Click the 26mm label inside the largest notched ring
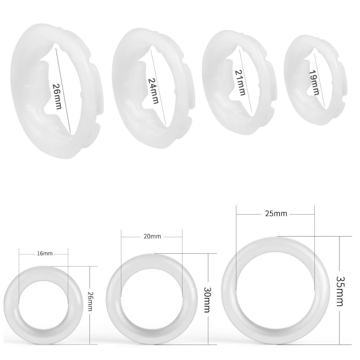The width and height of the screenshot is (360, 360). [x=57, y=96]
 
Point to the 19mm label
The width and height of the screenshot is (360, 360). [x=314, y=82]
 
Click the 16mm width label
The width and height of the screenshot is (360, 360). [x=45, y=253]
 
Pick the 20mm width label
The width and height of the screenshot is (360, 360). [x=152, y=237]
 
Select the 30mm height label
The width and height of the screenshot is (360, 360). [x=207, y=299]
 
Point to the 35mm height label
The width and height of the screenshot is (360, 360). [x=339, y=291]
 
